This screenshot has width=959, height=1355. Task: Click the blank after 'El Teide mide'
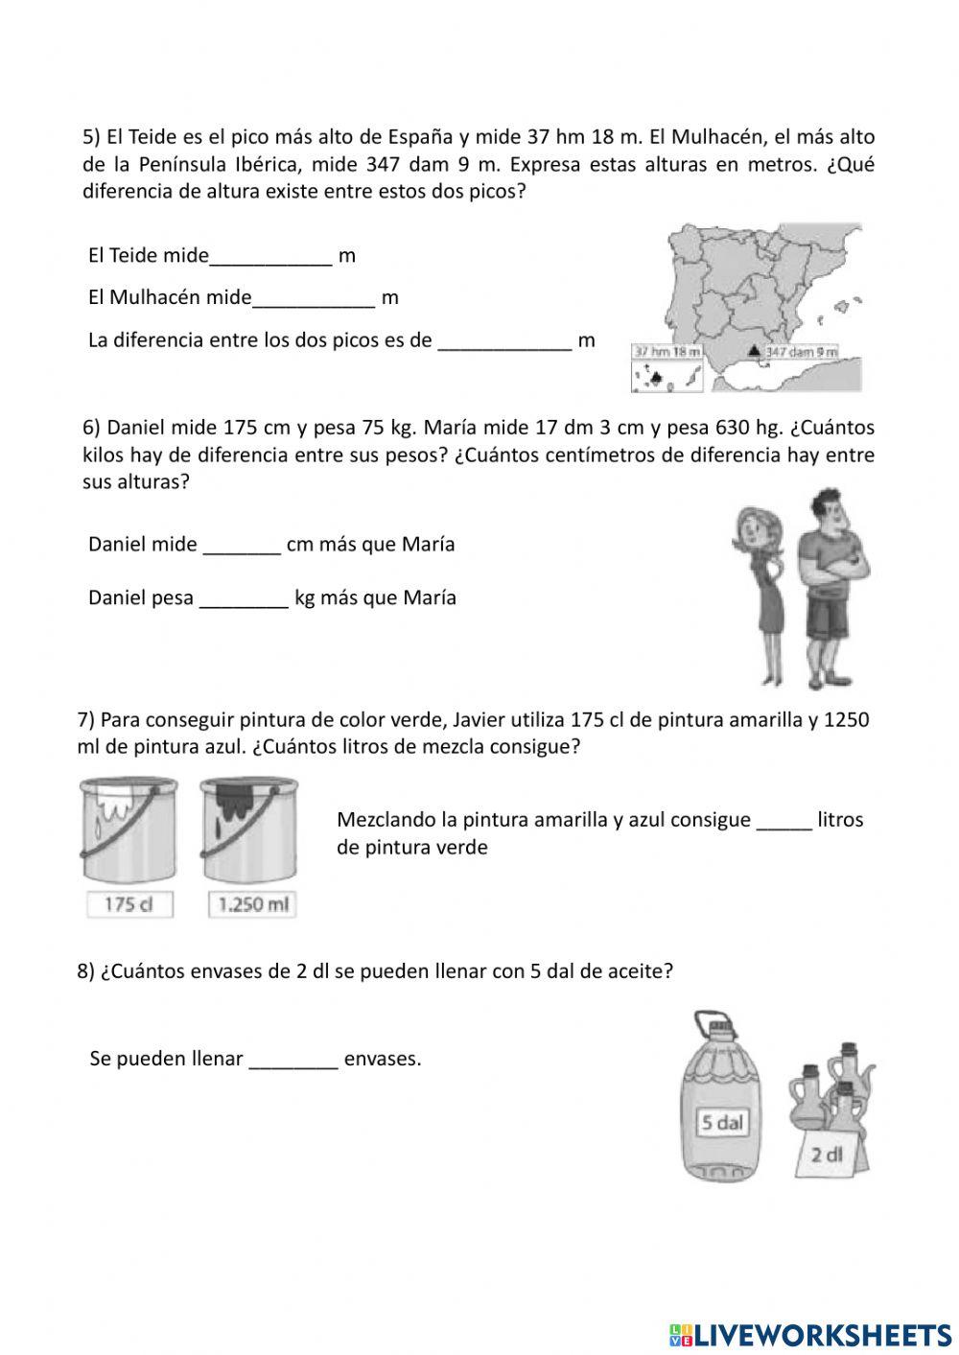[x=270, y=256]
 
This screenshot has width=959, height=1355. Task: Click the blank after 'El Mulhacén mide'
[x=314, y=298]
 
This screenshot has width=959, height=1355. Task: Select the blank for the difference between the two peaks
[x=504, y=340]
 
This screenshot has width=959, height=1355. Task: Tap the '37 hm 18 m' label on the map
[x=667, y=352]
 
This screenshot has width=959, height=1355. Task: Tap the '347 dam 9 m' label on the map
[x=801, y=352]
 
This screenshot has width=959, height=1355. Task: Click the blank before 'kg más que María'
[x=244, y=598]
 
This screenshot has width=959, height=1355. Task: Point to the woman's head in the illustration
[x=757, y=530]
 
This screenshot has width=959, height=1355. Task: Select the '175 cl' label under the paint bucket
[x=129, y=904]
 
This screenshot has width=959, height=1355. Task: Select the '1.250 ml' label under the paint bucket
[x=252, y=904]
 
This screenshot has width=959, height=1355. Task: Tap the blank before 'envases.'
[x=292, y=1060]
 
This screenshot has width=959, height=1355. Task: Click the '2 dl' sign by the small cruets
[x=826, y=1155]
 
